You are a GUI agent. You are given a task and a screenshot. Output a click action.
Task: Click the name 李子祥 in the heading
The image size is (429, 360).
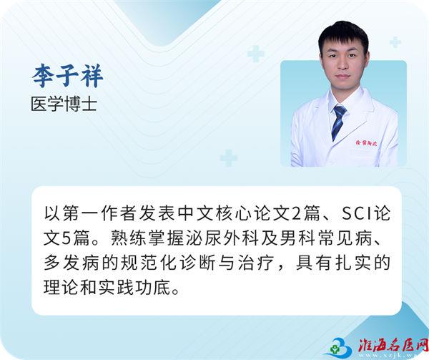click(68, 76)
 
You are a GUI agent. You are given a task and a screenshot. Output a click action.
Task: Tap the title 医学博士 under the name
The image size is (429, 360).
click(64, 104)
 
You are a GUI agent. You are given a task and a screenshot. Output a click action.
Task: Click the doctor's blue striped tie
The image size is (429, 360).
click(338, 122)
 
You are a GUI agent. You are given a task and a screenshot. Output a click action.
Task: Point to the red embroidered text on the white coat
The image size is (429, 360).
click(366, 142)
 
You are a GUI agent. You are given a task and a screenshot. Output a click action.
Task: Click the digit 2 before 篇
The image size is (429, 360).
click(296, 214)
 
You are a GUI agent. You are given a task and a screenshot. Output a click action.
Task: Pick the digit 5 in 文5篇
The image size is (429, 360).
click(66, 238)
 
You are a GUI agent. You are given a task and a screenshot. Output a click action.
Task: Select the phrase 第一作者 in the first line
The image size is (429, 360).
click(99, 214)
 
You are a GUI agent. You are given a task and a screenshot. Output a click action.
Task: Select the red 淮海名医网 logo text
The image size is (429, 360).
click(393, 346)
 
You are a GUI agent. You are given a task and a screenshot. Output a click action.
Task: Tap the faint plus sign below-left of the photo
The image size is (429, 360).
click(229, 158)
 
